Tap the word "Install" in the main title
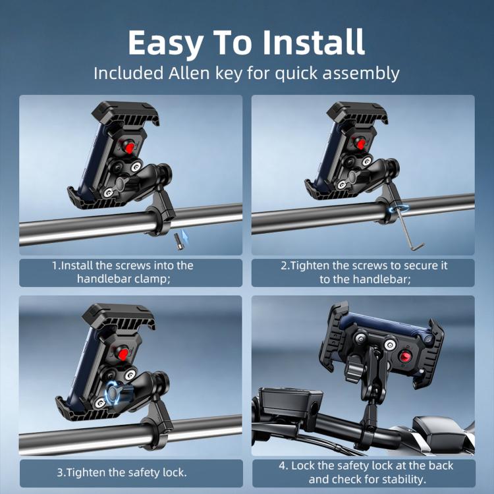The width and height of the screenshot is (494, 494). pyautogui.click(x=314, y=42)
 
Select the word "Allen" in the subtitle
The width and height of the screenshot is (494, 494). pyautogui.click(x=189, y=73)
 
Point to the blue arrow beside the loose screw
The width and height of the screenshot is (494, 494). pyautogui.click(x=185, y=236)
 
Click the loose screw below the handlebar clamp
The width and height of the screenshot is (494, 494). pyautogui.click(x=179, y=242)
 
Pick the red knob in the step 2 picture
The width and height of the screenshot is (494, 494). pyautogui.click(x=361, y=144)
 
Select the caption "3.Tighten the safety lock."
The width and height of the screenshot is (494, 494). pyautogui.click(x=122, y=472)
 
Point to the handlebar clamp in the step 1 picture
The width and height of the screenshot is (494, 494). pyautogui.click(x=161, y=214)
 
